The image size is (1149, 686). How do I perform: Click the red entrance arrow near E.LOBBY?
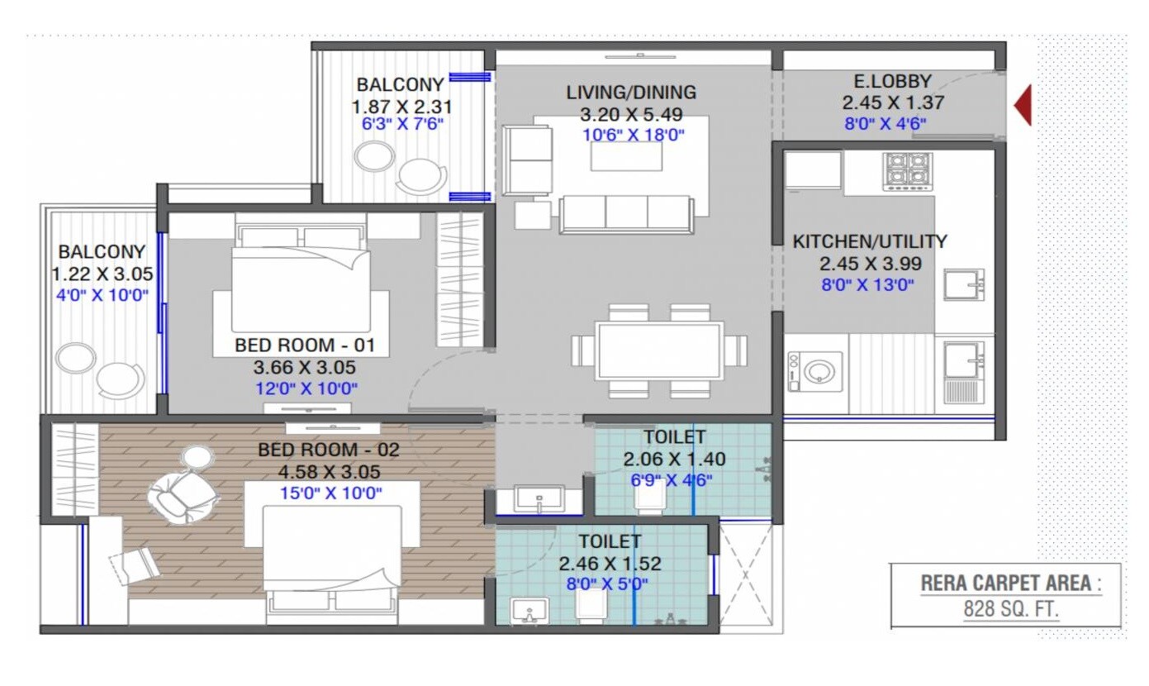1023,106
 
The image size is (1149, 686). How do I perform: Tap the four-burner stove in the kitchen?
907,170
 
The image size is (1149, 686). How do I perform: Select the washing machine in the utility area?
815,371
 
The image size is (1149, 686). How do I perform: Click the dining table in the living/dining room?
659,350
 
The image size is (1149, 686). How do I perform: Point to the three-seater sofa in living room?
625,214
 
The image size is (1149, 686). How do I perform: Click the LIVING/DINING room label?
631,93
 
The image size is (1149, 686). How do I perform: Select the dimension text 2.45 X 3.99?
869,264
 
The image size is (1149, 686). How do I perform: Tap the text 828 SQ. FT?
1011,610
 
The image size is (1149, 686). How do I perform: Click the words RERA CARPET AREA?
1006,584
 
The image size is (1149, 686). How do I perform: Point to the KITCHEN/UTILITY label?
869,242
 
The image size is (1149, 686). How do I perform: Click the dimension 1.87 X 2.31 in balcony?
401,107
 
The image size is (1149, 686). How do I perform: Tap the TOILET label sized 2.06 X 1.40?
675,436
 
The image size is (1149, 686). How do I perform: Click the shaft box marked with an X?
747,574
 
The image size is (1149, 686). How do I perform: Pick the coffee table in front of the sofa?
625,156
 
